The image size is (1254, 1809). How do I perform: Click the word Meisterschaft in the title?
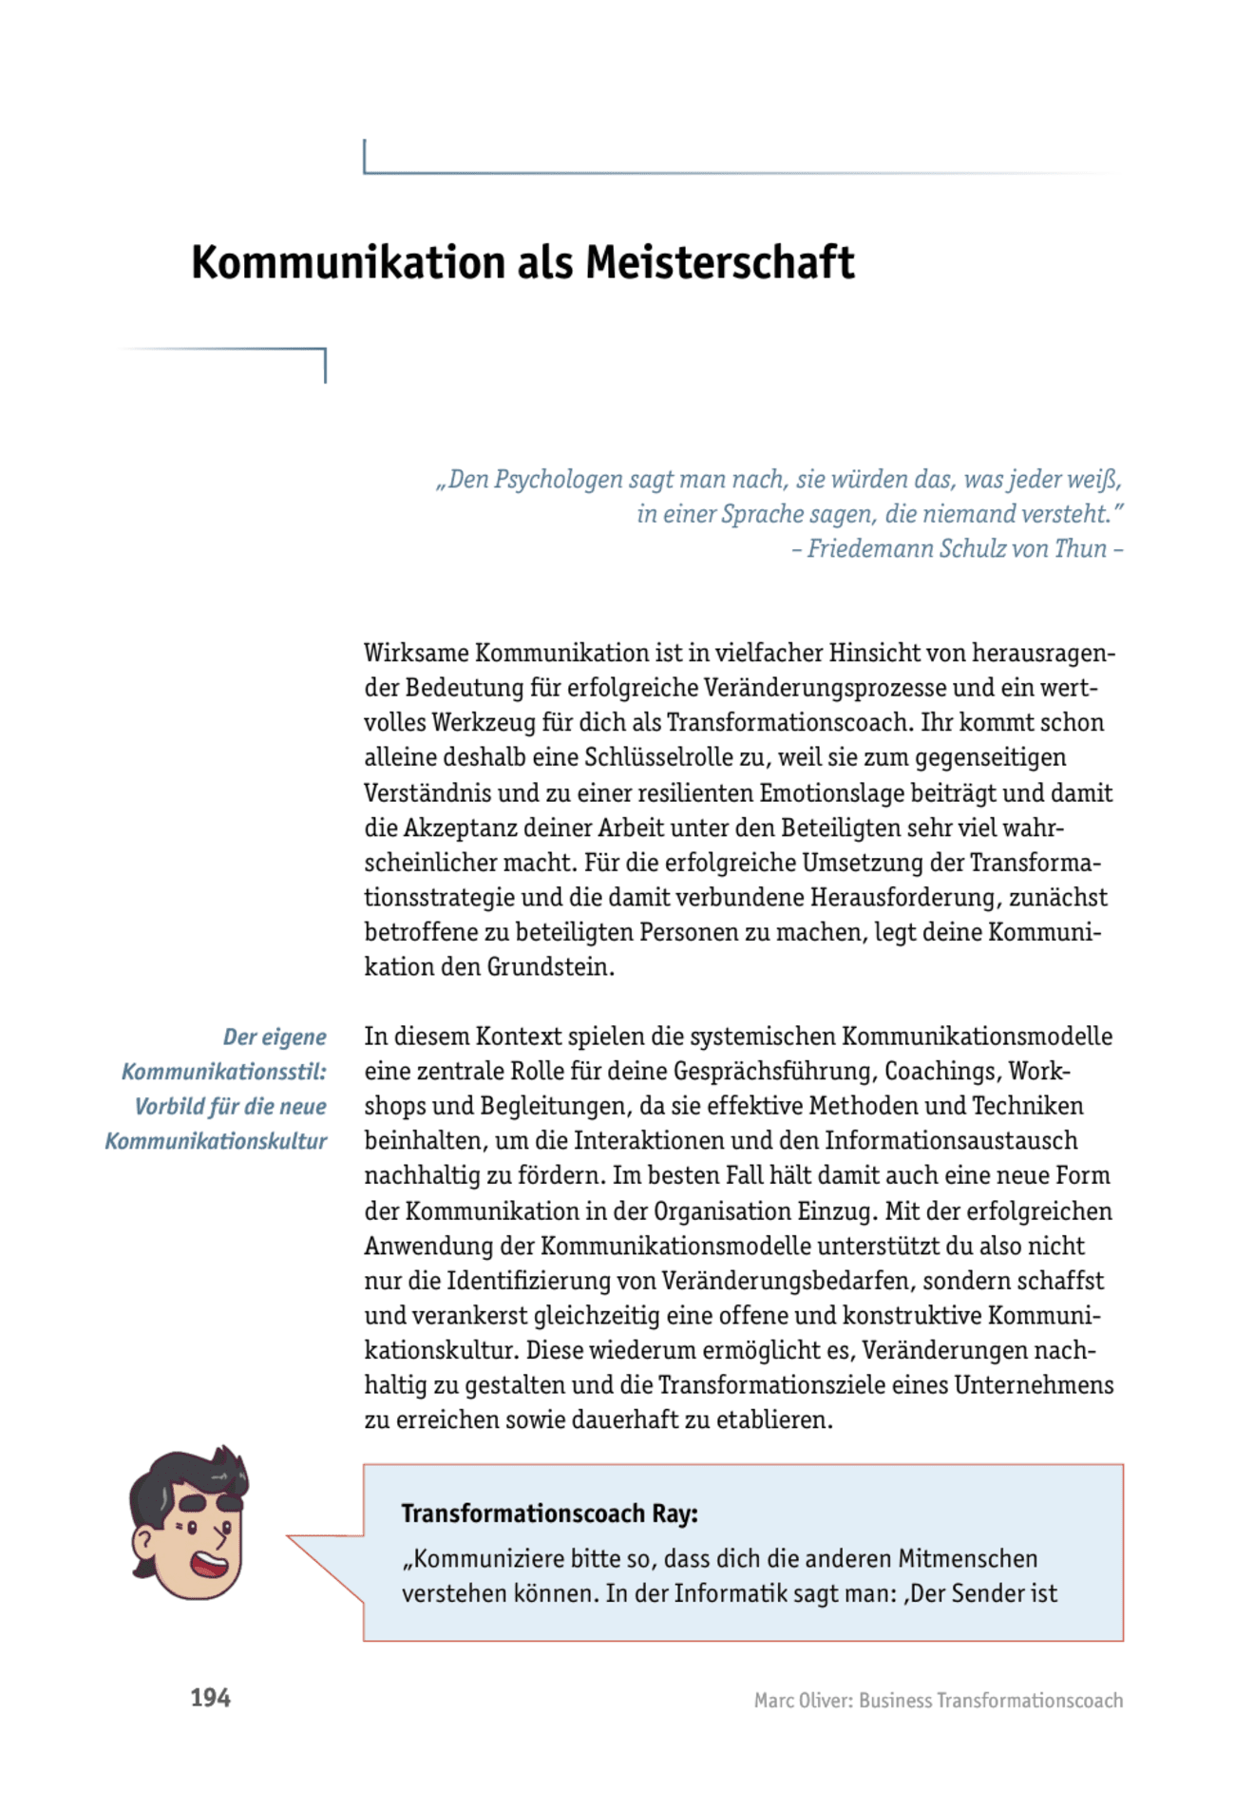tap(719, 262)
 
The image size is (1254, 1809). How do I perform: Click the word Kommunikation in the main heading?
tap(349, 262)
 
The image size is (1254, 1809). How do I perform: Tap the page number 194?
tap(210, 1698)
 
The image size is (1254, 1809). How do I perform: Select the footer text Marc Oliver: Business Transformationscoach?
tap(938, 1700)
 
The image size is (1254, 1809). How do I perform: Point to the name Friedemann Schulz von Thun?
tap(957, 549)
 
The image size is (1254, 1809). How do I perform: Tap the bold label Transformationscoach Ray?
tap(549, 1514)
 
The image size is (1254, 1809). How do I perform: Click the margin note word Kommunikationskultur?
tap(216, 1141)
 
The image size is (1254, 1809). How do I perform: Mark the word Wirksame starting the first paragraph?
tap(416, 654)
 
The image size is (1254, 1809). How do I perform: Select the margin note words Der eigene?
tap(275, 1037)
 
